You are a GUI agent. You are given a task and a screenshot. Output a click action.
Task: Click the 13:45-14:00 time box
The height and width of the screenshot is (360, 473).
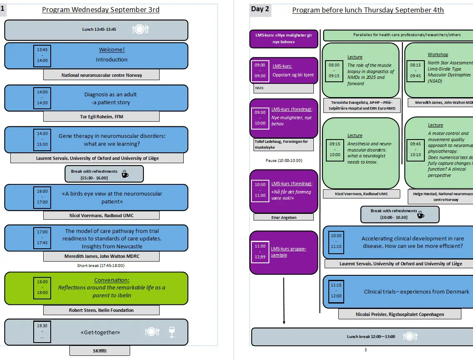[42, 55]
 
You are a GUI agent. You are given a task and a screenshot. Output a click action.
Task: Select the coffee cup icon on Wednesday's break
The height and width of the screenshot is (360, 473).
[125, 174]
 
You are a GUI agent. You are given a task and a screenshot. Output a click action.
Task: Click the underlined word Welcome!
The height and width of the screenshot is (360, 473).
[111, 50]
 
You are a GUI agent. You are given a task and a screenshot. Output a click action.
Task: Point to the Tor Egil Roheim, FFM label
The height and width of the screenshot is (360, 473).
[101, 117]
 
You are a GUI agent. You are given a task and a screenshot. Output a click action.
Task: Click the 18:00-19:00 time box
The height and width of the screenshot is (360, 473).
[42, 287]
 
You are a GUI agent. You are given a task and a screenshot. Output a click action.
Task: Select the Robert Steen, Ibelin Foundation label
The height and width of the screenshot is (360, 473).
[101, 310]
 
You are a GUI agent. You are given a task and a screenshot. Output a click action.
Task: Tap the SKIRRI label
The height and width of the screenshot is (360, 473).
[100, 351]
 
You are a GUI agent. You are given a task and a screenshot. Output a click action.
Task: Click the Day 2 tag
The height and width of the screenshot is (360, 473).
[260, 9]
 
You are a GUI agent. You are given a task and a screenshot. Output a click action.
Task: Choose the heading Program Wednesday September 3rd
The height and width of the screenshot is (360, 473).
[101, 10]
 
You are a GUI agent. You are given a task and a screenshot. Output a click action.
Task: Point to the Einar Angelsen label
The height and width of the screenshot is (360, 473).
[281, 217]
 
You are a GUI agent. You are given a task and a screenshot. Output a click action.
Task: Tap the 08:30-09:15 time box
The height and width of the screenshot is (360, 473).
[334, 71]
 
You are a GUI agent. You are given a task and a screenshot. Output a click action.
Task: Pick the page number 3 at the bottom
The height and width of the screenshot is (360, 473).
[365, 350]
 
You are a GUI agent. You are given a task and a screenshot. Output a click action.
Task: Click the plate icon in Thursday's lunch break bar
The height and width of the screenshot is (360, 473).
[409, 336]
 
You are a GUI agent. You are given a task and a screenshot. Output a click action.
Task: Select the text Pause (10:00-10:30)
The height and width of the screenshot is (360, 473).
[284, 160]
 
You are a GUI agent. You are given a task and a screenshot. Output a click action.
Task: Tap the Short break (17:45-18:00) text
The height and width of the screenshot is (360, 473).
[101, 266]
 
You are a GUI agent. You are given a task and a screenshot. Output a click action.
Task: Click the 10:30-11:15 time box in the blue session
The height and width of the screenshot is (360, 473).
[336, 241]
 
